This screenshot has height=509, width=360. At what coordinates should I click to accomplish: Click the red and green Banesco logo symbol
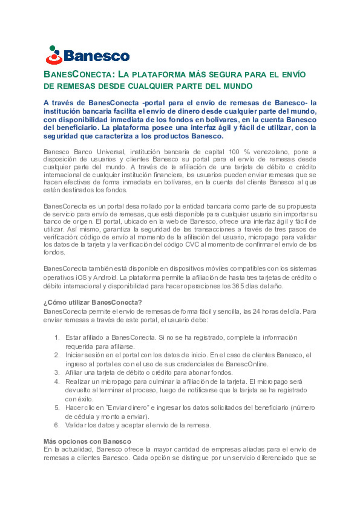[x=54, y=55]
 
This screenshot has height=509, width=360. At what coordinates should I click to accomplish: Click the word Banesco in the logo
[x=96, y=56]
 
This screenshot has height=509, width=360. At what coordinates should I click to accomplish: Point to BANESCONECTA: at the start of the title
[x=79, y=75]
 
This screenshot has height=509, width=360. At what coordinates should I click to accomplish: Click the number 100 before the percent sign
[x=234, y=152]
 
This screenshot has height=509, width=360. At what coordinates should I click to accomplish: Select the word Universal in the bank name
[x=111, y=152]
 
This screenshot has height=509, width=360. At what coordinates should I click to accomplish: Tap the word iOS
[x=81, y=277]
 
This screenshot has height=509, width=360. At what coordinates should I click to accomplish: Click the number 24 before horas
[x=256, y=311]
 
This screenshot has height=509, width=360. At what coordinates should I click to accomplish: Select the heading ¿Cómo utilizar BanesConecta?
[x=93, y=302]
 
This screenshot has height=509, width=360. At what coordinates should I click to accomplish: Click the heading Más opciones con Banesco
[x=87, y=441]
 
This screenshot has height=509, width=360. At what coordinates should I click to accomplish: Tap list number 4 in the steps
[x=57, y=381]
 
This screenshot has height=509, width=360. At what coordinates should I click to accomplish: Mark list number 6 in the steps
[x=57, y=425]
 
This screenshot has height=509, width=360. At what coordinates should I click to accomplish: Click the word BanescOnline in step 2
[x=247, y=364]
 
